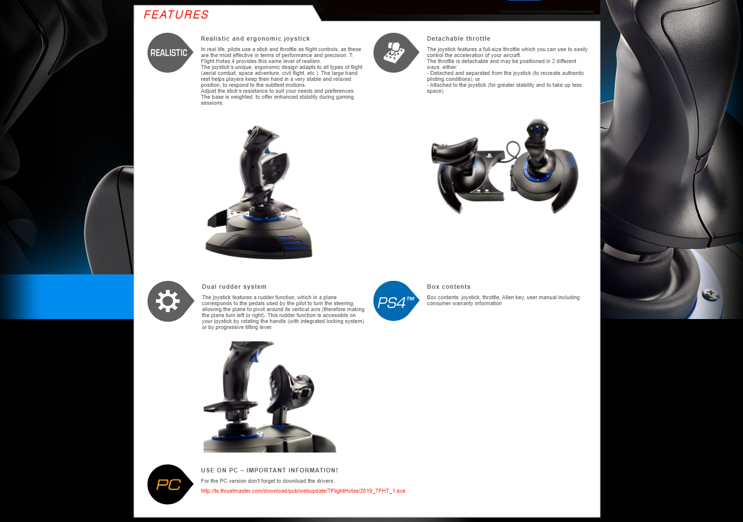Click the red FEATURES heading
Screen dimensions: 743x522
click(176, 14)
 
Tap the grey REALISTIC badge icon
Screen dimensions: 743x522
click(170, 53)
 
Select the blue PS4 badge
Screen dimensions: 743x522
click(396, 301)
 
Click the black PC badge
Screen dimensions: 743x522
click(170, 485)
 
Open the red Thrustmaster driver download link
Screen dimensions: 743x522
click(303, 491)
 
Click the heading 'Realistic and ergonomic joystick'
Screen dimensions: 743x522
click(255, 38)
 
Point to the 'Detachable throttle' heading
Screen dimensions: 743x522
click(458, 38)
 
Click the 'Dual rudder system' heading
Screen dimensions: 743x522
click(234, 287)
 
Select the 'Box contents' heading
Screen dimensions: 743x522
click(448, 287)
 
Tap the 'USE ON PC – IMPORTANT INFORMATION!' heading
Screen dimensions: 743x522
click(269, 470)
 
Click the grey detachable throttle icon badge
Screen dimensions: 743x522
click(396, 53)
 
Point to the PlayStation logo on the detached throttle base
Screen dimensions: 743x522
click(489, 155)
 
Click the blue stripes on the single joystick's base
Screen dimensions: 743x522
click(292, 243)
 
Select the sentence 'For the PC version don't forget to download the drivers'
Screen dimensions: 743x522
click(267, 481)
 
